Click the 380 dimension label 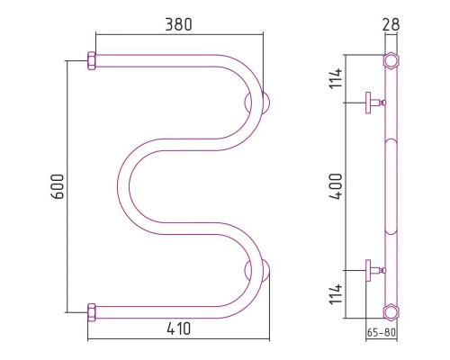click(x=178, y=24)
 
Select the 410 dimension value click(x=178, y=328)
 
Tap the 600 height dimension click(x=58, y=186)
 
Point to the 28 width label click(x=391, y=24)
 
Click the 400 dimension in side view click(x=336, y=186)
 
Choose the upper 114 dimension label click(x=336, y=78)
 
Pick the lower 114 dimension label click(x=336, y=294)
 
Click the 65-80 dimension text click(x=382, y=332)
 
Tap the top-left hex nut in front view click(x=92, y=60)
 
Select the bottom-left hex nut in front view click(x=92, y=312)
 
